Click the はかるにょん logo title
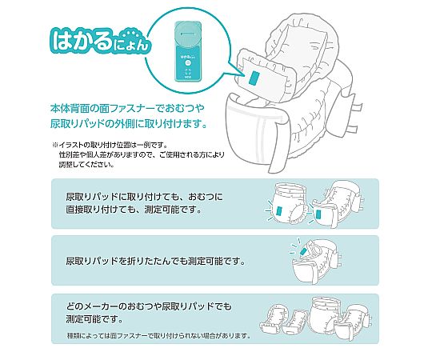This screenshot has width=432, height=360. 100,42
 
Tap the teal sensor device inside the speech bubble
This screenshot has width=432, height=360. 189,51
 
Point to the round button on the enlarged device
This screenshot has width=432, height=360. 188,62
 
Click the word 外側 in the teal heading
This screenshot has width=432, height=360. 126,124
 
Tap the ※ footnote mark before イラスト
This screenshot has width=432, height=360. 55,145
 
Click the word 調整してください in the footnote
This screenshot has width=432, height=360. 86,165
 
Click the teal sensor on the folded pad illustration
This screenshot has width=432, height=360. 304,251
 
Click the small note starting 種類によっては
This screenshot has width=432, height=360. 159,336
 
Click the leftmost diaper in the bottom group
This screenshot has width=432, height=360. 271,318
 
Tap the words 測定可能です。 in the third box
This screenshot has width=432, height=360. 94,319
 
